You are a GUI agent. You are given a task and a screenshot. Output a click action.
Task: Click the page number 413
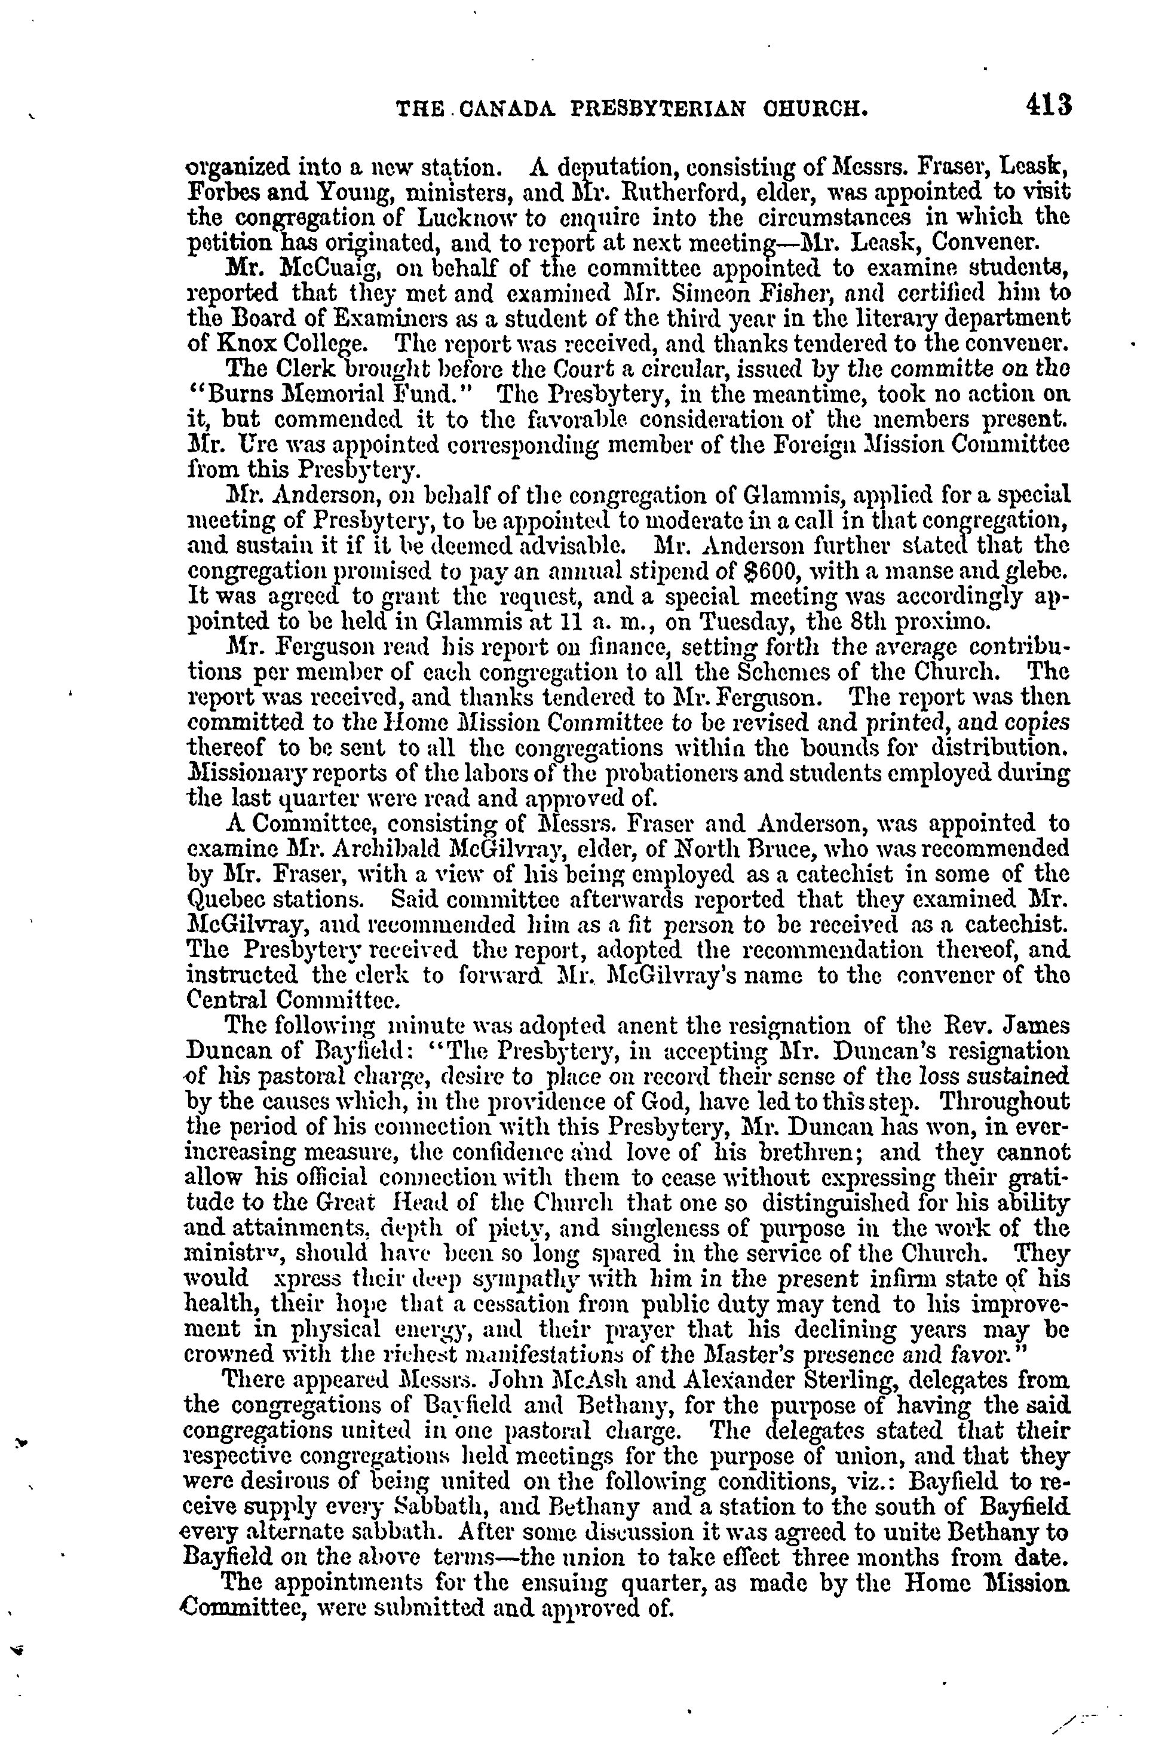[x=1048, y=104]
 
